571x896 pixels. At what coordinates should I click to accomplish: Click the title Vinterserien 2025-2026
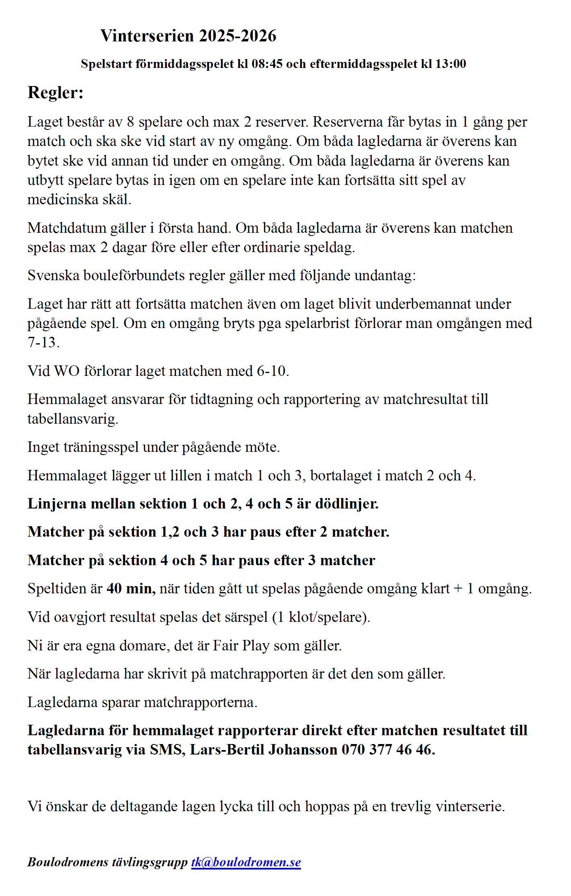188,36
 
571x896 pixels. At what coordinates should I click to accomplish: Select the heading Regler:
55,92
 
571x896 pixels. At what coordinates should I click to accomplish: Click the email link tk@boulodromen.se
246,862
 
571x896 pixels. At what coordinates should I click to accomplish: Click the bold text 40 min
130,588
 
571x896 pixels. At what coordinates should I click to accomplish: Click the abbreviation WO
67,371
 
